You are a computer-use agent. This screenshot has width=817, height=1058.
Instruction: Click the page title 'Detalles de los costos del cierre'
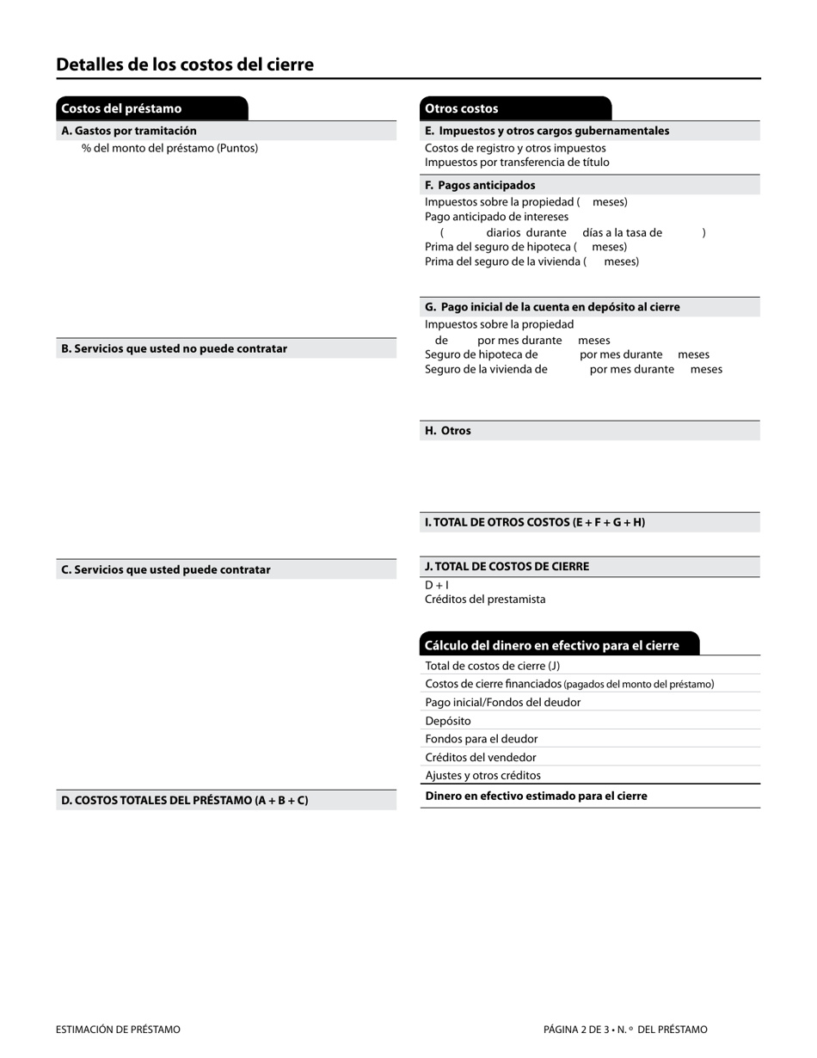185,65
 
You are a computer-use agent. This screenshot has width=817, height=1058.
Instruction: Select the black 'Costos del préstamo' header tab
151,108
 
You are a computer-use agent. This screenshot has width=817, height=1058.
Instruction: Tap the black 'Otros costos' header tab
515,108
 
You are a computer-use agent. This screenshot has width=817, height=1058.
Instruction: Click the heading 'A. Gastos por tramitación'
129,131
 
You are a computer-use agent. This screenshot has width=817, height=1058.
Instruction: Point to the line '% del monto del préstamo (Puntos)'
169,148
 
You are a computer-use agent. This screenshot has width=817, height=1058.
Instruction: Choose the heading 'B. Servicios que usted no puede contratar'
174,348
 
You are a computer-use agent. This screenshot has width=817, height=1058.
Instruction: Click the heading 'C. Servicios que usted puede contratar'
165,569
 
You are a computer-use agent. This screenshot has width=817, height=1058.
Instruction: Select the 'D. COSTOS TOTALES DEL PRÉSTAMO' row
184,800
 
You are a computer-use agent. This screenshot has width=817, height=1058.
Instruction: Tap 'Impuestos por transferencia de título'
517,162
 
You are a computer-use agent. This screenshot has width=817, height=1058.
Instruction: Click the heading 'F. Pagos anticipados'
480,185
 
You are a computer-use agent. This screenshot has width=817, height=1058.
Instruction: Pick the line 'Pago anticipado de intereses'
496,217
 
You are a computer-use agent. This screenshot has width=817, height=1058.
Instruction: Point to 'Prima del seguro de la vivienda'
506,261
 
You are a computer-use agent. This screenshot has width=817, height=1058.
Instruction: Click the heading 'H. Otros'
447,431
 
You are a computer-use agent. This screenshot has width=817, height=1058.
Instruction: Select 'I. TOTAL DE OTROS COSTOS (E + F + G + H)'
534,522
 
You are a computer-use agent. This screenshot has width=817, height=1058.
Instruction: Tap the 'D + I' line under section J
437,585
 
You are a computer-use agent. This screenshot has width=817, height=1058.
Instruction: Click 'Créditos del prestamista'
485,600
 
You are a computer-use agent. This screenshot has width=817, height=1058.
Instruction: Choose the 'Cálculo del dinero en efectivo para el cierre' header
551,645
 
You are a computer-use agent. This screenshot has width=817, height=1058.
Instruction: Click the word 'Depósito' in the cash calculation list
448,721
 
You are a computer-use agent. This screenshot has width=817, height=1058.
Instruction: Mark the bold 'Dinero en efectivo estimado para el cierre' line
536,796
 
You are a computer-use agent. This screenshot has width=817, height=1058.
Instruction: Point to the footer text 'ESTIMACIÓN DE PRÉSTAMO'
118,1030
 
